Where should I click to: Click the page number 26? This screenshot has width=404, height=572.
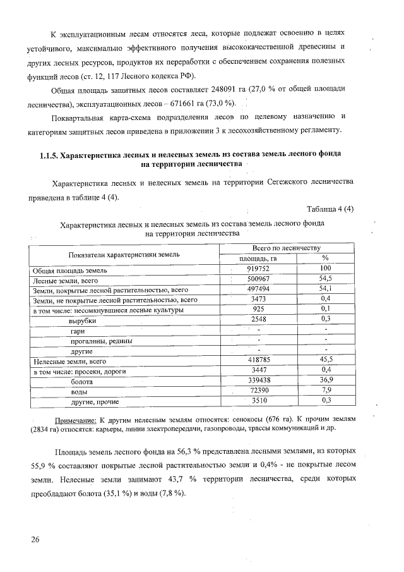coord(34,539)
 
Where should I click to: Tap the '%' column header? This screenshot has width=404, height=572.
coord(326,259)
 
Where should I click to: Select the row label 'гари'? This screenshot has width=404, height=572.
coord(78,331)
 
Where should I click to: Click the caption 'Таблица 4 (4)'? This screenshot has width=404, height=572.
coord(330,209)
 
